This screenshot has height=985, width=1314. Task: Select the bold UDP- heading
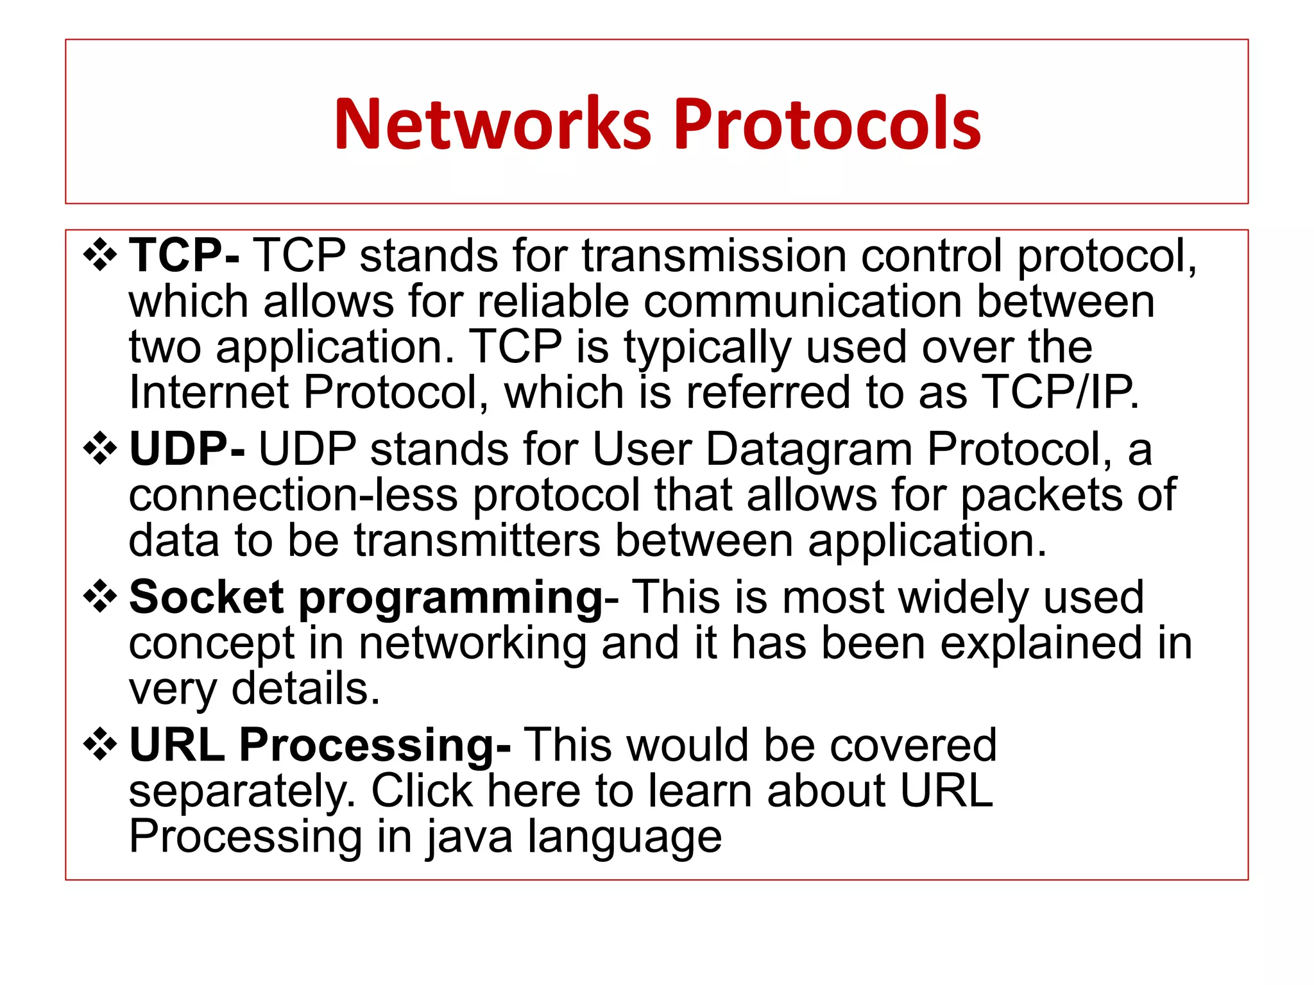tap(187, 448)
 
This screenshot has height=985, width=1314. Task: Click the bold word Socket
tap(206, 597)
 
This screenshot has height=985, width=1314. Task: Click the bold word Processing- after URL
tap(375, 746)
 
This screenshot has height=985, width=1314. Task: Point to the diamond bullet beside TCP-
tap(100, 255)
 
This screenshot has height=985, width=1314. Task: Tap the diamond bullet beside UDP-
tap(100, 448)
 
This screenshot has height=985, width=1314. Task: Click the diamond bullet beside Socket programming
tap(100, 597)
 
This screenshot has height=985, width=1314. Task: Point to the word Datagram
tap(808, 450)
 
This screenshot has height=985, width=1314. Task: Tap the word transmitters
tap(477, 540)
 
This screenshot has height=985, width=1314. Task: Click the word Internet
tap(209, 392)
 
